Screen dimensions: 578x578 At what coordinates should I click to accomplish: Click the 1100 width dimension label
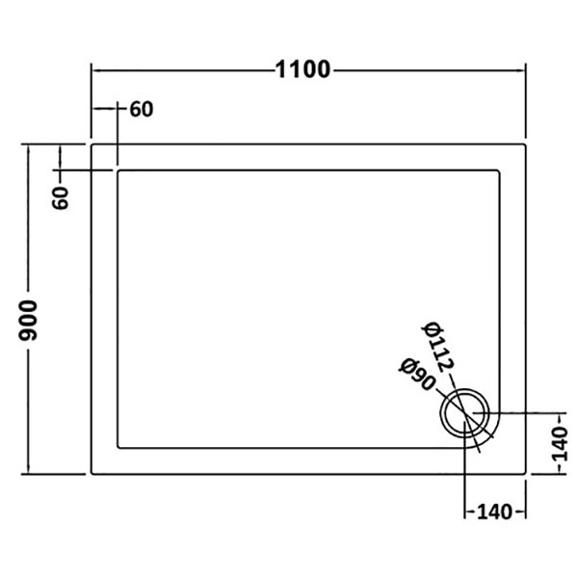pyautogui.click(x=302, y=69)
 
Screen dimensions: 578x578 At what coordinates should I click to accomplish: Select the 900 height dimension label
pyautogui.click(x=28, y=320)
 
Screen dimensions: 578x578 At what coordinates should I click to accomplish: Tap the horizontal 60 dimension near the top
pyautogui.click(x=142, y=110)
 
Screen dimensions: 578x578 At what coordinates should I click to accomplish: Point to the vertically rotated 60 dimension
pyautogui.click(x=60, y=197)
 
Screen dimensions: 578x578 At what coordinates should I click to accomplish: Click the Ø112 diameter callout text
pyautogui.click(x=438, y=347)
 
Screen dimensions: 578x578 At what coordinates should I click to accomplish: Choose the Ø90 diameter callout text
pyautogui.click(x=417, y=374)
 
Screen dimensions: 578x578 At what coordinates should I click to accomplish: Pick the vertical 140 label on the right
pyautogui.click(x=560, y=444)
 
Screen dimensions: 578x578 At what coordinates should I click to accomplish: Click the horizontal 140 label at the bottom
pyautogui.click(x=495, y=512)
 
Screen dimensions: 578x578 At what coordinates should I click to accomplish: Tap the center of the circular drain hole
pyautogui.click(x=465, y=413)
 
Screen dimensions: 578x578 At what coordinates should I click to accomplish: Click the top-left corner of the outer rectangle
pyautogui.click(x=92, y=144)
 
